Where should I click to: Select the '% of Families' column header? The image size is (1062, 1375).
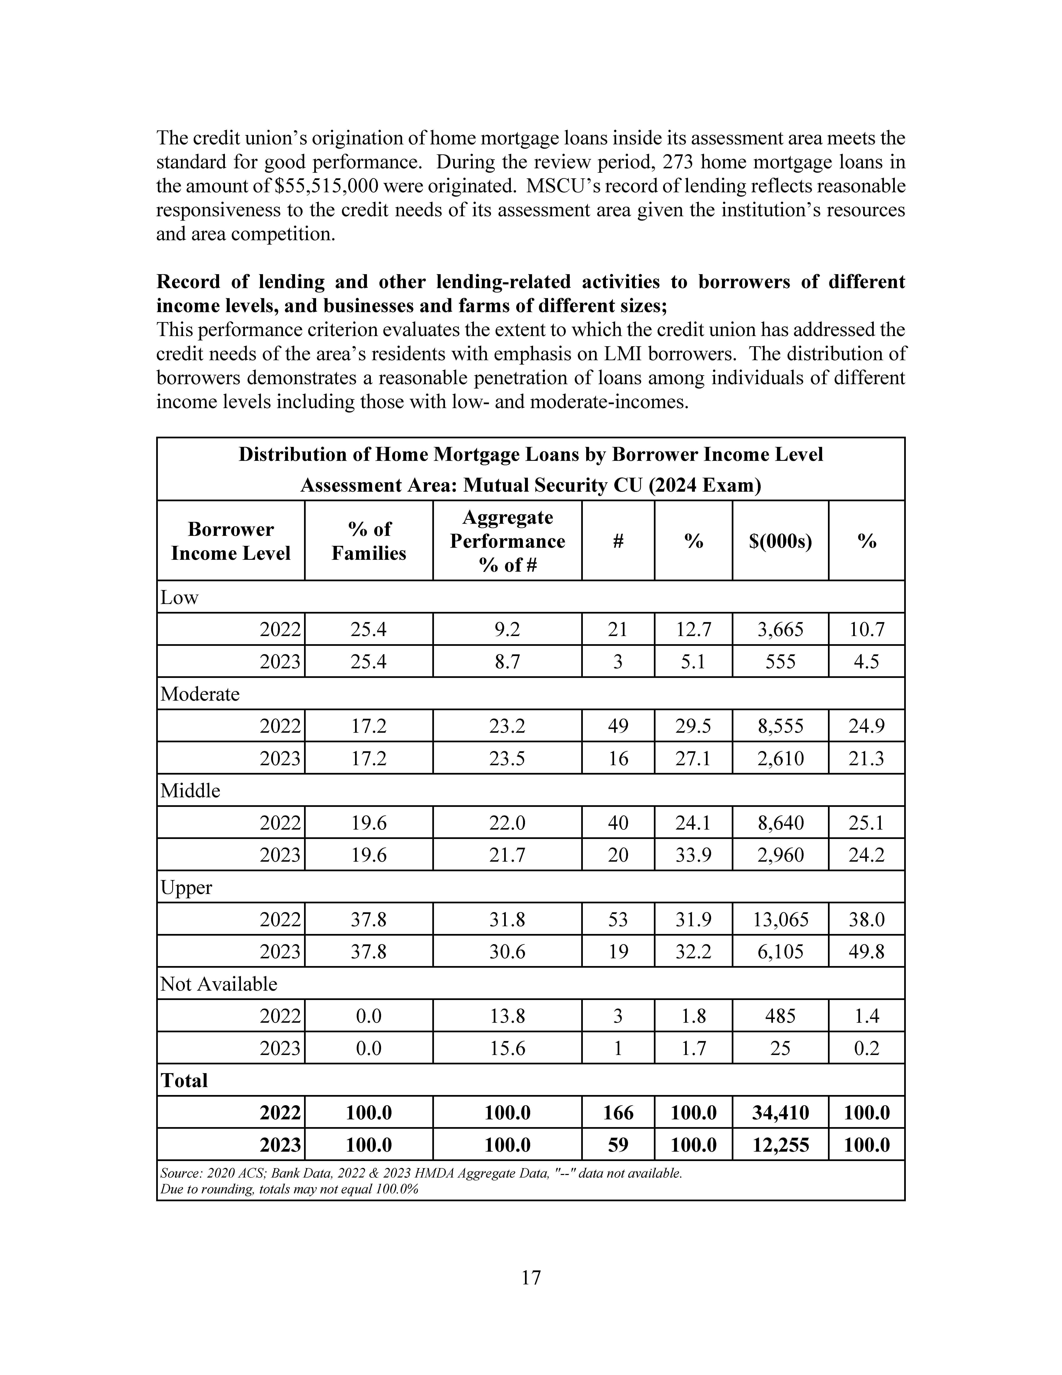(x=369, y=541)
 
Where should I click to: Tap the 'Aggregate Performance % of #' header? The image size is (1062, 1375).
(x=507, y=541)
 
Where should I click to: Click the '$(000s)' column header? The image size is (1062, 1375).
(x=780, y=541)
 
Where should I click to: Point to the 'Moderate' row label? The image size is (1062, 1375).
(x=200, y=694)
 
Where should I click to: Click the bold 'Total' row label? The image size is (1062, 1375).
(x=184, y=1080)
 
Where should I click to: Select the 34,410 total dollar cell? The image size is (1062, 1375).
(x=780, y=1112)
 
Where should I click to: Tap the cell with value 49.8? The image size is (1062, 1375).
(x=866, y=951)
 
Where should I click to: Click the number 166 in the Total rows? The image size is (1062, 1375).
(x=618, y=1112)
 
